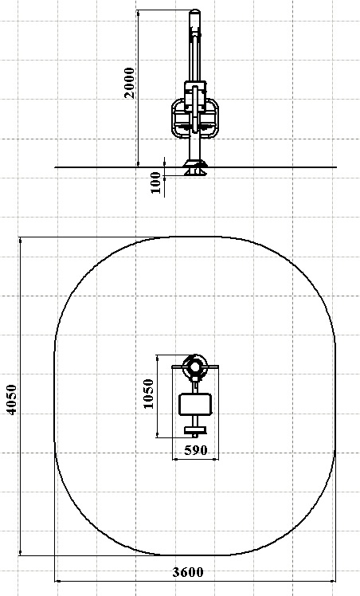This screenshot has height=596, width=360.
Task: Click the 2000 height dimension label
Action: pos(130,83)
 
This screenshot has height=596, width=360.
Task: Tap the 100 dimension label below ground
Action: pos(155,182)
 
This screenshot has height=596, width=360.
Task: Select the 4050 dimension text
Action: pos(12,399)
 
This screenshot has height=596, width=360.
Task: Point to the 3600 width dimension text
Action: pos(188,572)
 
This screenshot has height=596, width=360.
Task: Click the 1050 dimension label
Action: pos(148,394)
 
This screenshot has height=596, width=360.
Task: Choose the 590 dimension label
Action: pos(196,450)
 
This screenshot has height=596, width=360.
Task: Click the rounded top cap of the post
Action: pos(195,13)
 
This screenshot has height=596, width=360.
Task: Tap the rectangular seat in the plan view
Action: pos(195,405)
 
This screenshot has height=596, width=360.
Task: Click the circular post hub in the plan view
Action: pos(195,367)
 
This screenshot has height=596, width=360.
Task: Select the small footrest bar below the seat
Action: pos(195,430)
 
